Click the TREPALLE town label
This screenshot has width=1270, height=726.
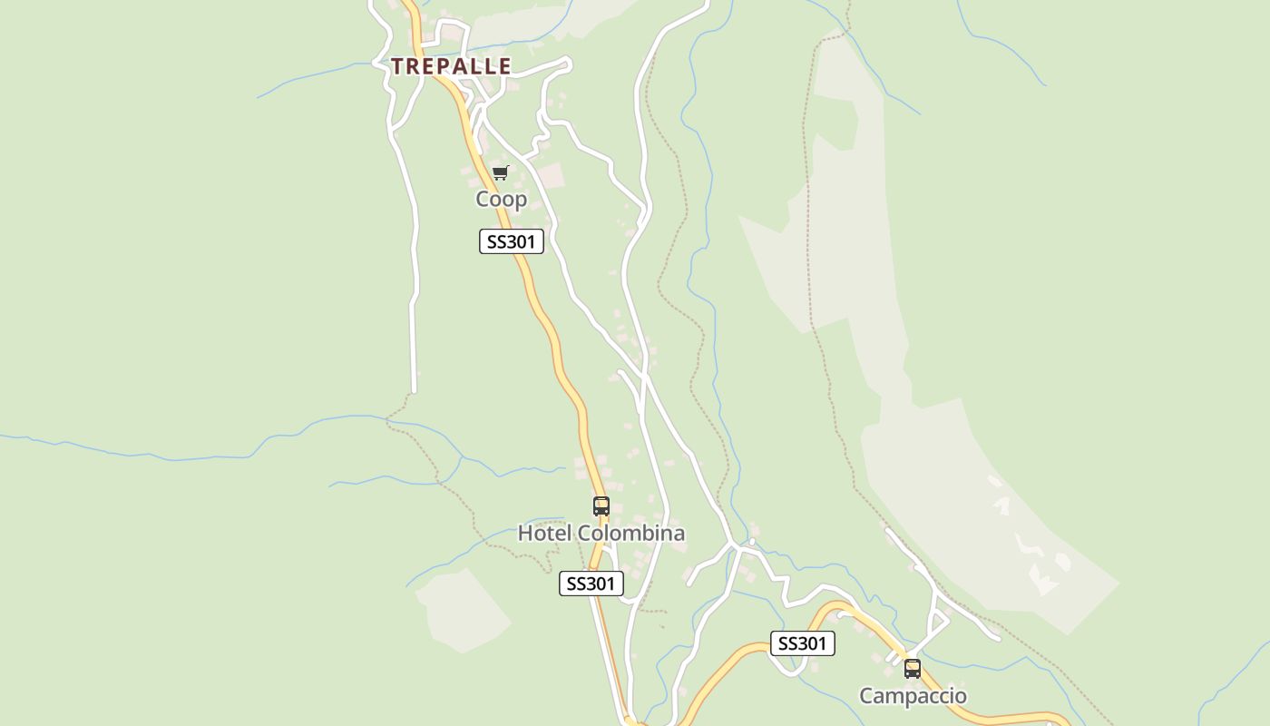(451, 66)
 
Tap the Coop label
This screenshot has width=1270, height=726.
(501, 199)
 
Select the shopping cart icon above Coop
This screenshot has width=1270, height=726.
(500, 172)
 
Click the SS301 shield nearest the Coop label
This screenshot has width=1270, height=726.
(512, 241)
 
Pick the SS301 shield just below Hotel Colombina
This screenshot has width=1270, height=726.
(591, 584)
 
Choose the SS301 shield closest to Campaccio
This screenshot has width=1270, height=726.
(802, 643)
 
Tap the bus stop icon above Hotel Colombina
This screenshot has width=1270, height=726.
(601, 506)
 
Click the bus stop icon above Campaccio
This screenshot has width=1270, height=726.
(913, 669)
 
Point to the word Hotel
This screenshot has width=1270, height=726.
(544, 534)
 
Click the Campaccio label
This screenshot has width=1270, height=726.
(913, 696)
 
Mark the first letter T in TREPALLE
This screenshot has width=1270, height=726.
(397, 66)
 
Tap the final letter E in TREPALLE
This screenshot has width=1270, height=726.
(504, 66)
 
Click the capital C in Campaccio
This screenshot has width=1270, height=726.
(866, 696)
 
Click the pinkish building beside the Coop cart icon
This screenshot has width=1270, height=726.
(549, 176)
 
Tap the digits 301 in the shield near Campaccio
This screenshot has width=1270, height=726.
(813, 643)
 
